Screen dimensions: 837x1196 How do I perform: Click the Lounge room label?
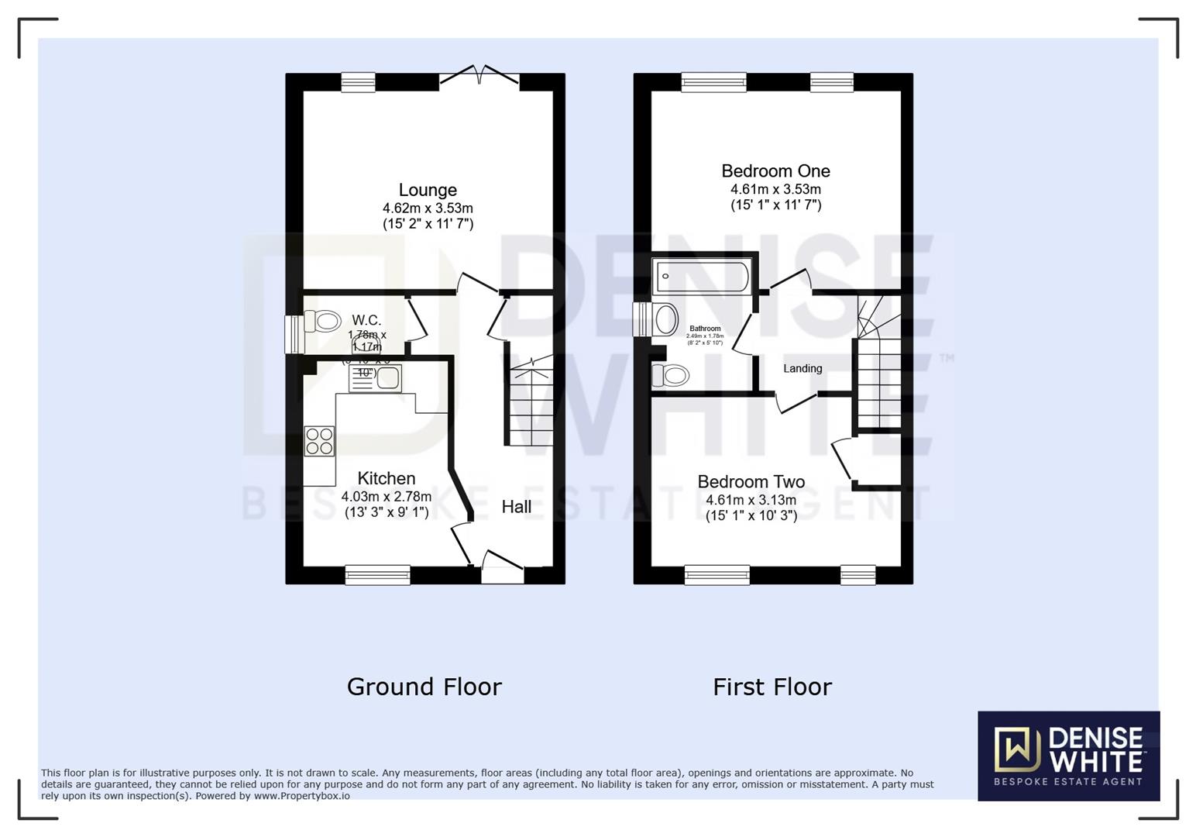pos(428,190)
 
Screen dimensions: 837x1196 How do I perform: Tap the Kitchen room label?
pos(386,478)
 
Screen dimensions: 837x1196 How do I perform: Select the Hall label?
pos(516,507)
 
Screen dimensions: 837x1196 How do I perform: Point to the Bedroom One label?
pos(775,171)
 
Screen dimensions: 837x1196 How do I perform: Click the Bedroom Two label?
pos(751,482)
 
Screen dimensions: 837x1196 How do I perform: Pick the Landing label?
pos(802,369)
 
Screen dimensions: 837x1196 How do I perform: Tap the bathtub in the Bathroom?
pos(702,277)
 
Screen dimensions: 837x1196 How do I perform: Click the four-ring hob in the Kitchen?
pos(319,441)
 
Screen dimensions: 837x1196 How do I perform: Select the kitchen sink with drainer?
pos(376,378)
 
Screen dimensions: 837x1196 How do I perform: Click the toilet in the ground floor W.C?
pos(322,321)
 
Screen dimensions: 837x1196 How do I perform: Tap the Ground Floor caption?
pos(424,687)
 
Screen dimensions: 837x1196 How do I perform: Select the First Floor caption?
pos(772,687)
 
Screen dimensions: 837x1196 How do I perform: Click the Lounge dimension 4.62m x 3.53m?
pos(428,208)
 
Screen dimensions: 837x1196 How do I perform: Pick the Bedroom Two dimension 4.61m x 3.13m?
pos(751,500)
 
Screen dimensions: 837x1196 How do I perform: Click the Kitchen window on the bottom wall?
pos(377,574)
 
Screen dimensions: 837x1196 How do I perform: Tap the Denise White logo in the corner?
pos(1068,756)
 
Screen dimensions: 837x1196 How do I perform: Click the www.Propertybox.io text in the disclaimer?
pos(301,796)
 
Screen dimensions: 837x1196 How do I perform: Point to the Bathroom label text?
pos(705,329)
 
